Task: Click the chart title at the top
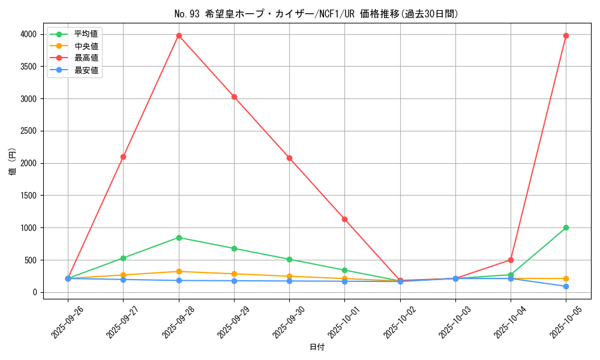[316, 14]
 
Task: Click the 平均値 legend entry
[86, 34]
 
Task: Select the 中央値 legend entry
[86, 46]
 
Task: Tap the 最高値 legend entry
[86, 58]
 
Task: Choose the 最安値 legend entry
[86, 70]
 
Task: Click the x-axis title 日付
[317, 347]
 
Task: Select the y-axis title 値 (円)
[13, 163]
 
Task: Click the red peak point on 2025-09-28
[179, 35]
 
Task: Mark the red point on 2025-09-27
[123, 157]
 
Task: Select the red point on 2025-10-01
[344, 219]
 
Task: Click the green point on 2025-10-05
[566, 227]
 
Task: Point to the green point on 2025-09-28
[179, 238]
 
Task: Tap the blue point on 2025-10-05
[566, 286]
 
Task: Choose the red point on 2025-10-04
[511, 260]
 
